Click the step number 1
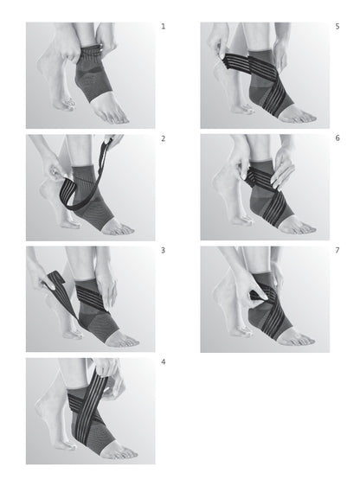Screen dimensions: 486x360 (x=163, y=27)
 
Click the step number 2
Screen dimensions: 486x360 (x=163, y=138)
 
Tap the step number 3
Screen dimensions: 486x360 (x=163, y=250)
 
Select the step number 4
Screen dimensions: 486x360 (x=163, y=361)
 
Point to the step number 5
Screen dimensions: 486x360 (x=337, y=27)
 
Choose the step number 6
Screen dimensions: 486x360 (x=337, y=138)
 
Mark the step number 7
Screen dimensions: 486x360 (x=337, y=250)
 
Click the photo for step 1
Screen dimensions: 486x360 (x=90, y=75)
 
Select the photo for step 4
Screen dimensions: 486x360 (x=90, y=410)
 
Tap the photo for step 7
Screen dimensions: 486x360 (x=265, y=298)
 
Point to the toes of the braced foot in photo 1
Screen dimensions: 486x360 (x=117, y=115)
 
